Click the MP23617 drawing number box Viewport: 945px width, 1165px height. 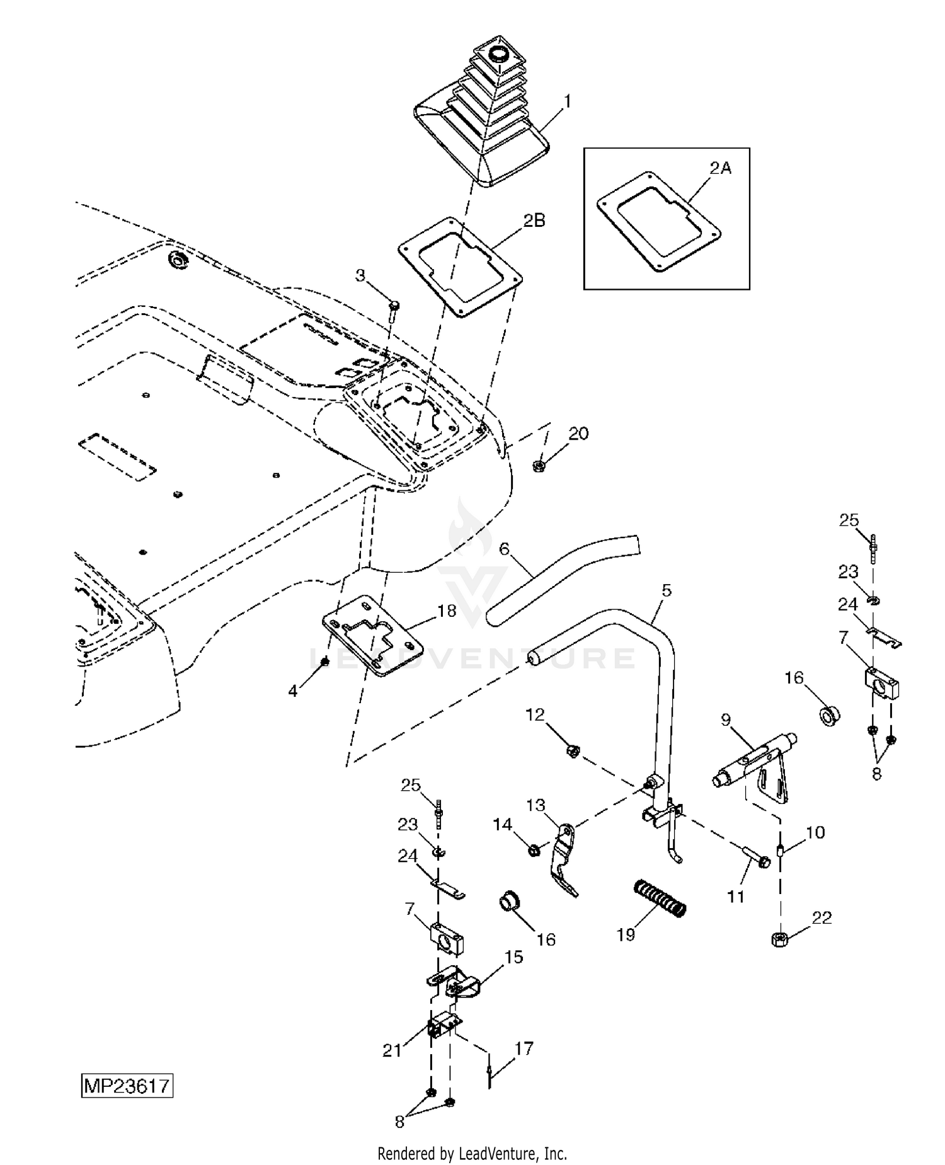[x=127, y=1087]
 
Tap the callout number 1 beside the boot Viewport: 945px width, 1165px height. [x=567, y=101]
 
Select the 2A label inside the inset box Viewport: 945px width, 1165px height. [x=721, y=168]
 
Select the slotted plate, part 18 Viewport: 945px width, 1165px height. [x=372, y=636]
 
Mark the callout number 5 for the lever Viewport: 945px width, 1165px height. [x=667, y=590]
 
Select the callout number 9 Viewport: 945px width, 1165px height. [x=726, y=720]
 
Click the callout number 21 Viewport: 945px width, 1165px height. [x=392, y=1050]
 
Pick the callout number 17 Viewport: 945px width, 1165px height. [x=524, y=1048]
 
